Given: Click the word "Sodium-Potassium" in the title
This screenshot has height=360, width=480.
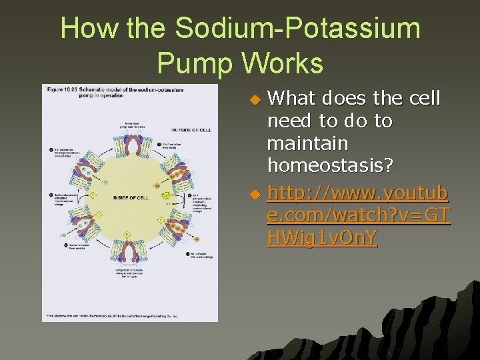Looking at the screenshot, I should click(x=298, y=29).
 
